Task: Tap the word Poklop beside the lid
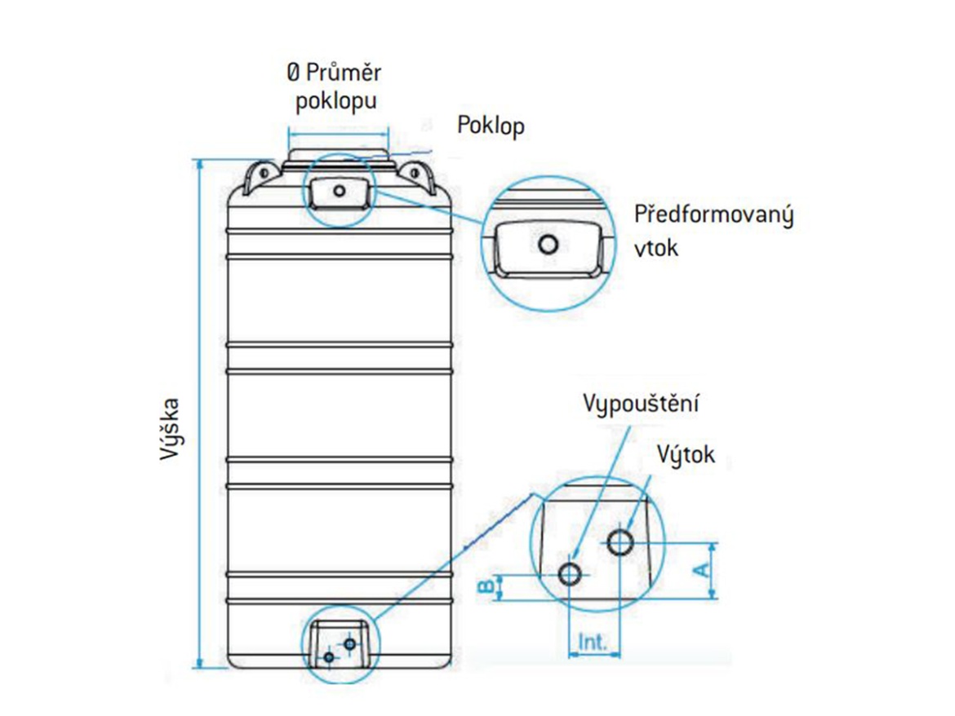point(490,126)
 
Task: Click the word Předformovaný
point(714,216)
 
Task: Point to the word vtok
point(655,248)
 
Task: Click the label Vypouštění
point(642,404)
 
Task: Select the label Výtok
point(685,454)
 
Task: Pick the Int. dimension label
point(593,643)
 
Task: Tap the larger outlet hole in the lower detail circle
point(621,541)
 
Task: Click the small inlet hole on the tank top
point(339,190)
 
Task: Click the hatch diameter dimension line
point(337,135)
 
